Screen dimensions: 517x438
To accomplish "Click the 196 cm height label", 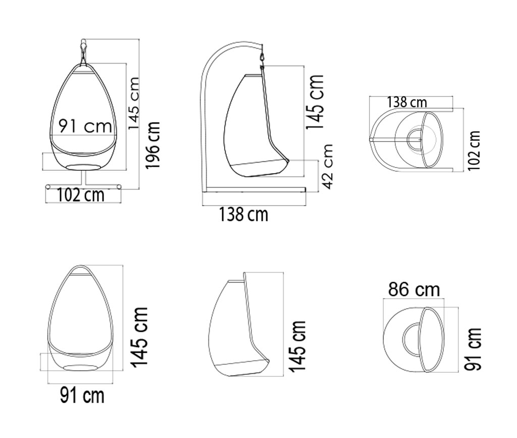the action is coord(153,145).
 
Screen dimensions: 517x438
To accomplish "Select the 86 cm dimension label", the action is coord(414,290).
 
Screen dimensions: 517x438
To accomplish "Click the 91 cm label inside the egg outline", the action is coord(85,126).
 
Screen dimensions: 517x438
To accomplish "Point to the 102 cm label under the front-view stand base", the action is coord(81,195).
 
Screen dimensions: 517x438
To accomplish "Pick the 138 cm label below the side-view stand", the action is coord(244,214).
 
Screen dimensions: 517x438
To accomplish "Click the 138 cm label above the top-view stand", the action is coord(407,102).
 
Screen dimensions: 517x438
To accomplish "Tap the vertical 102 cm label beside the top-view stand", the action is coord(474,151).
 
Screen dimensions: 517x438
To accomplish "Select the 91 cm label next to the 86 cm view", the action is coord(473,349).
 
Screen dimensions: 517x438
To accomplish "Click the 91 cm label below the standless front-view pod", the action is coord(82,395).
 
